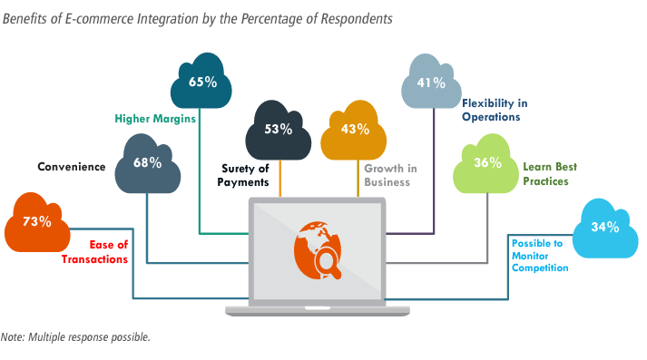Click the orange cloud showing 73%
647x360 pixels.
click(37, 223)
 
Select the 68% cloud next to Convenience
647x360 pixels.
click(147, 164)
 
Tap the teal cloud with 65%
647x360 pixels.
click(201, 82)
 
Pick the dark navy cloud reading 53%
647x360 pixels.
click(278, 131)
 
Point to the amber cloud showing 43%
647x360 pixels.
click(354, 131)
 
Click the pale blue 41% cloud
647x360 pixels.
click(431, 82)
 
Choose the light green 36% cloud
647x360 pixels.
click(485, 164)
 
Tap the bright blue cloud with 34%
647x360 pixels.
click(605, 229)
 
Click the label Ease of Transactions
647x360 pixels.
click(95, 252)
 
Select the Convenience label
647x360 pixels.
click(72, 167)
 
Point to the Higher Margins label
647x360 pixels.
click(155, 119)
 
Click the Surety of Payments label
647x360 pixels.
click(243, 175)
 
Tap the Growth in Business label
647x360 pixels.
click(390, 175)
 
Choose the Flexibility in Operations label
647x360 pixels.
click(495, 110)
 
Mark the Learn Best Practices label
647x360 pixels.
click(550, 174)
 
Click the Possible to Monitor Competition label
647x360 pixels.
click(540, 256)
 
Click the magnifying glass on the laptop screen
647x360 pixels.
click(328, 263)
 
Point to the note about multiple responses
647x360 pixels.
click(75, 337)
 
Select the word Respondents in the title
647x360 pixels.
click(357, 19)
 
